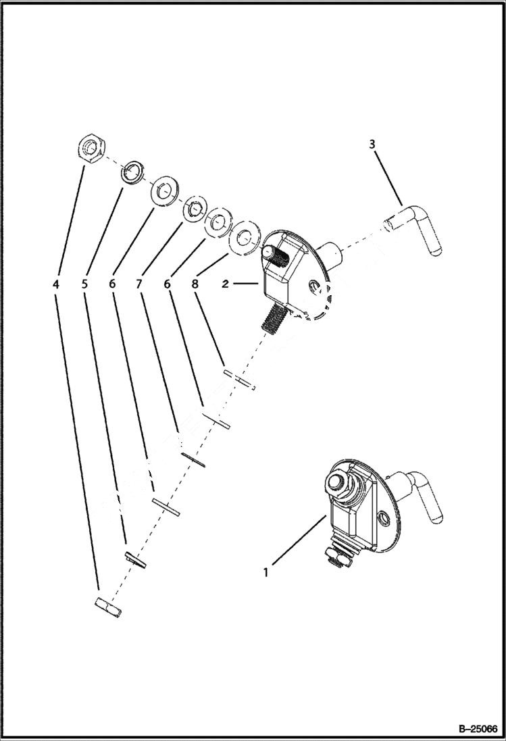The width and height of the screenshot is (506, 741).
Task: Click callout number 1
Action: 266,572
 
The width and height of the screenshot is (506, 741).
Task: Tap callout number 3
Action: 372,144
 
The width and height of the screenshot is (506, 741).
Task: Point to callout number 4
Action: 56,284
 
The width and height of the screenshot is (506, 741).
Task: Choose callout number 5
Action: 84,284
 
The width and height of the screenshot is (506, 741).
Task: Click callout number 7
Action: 138,284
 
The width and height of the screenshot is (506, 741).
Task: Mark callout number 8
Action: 195,284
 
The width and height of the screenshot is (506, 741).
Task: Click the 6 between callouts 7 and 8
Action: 167,284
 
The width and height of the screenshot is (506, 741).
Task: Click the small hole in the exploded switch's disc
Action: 312,288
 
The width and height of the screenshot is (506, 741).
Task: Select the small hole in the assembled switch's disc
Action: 384,517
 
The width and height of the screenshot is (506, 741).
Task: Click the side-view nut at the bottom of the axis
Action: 108,607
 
